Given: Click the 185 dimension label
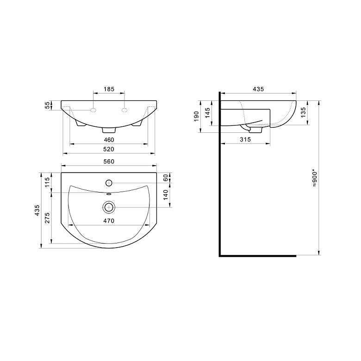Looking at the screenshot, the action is coord(109,89).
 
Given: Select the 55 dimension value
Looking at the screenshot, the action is coord(47,105).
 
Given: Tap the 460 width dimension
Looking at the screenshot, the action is coord(109,140).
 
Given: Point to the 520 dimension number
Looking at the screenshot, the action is coord(109,149).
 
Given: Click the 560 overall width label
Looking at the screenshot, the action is coord(109,162).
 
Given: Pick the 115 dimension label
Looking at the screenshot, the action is coord(47,182).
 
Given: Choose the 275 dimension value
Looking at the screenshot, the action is coord(47,218).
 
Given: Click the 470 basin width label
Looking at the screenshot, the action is coord(109,221).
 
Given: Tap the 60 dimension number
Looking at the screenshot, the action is coord(166,178).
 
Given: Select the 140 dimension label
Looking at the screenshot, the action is coord(166,195).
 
